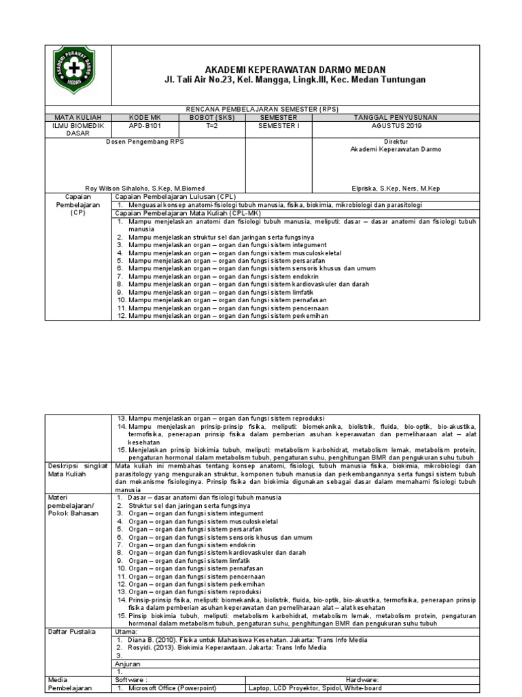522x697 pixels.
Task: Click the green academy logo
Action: coord(76,76)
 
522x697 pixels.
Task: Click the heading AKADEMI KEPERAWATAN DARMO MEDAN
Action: coord(294,70)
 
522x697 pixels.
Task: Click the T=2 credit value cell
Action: coord(210,126)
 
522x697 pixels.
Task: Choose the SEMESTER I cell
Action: coord(278,126)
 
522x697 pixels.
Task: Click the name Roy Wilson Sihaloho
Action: coord(144,187)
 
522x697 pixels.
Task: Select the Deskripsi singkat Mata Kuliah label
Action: coord(75,469)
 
